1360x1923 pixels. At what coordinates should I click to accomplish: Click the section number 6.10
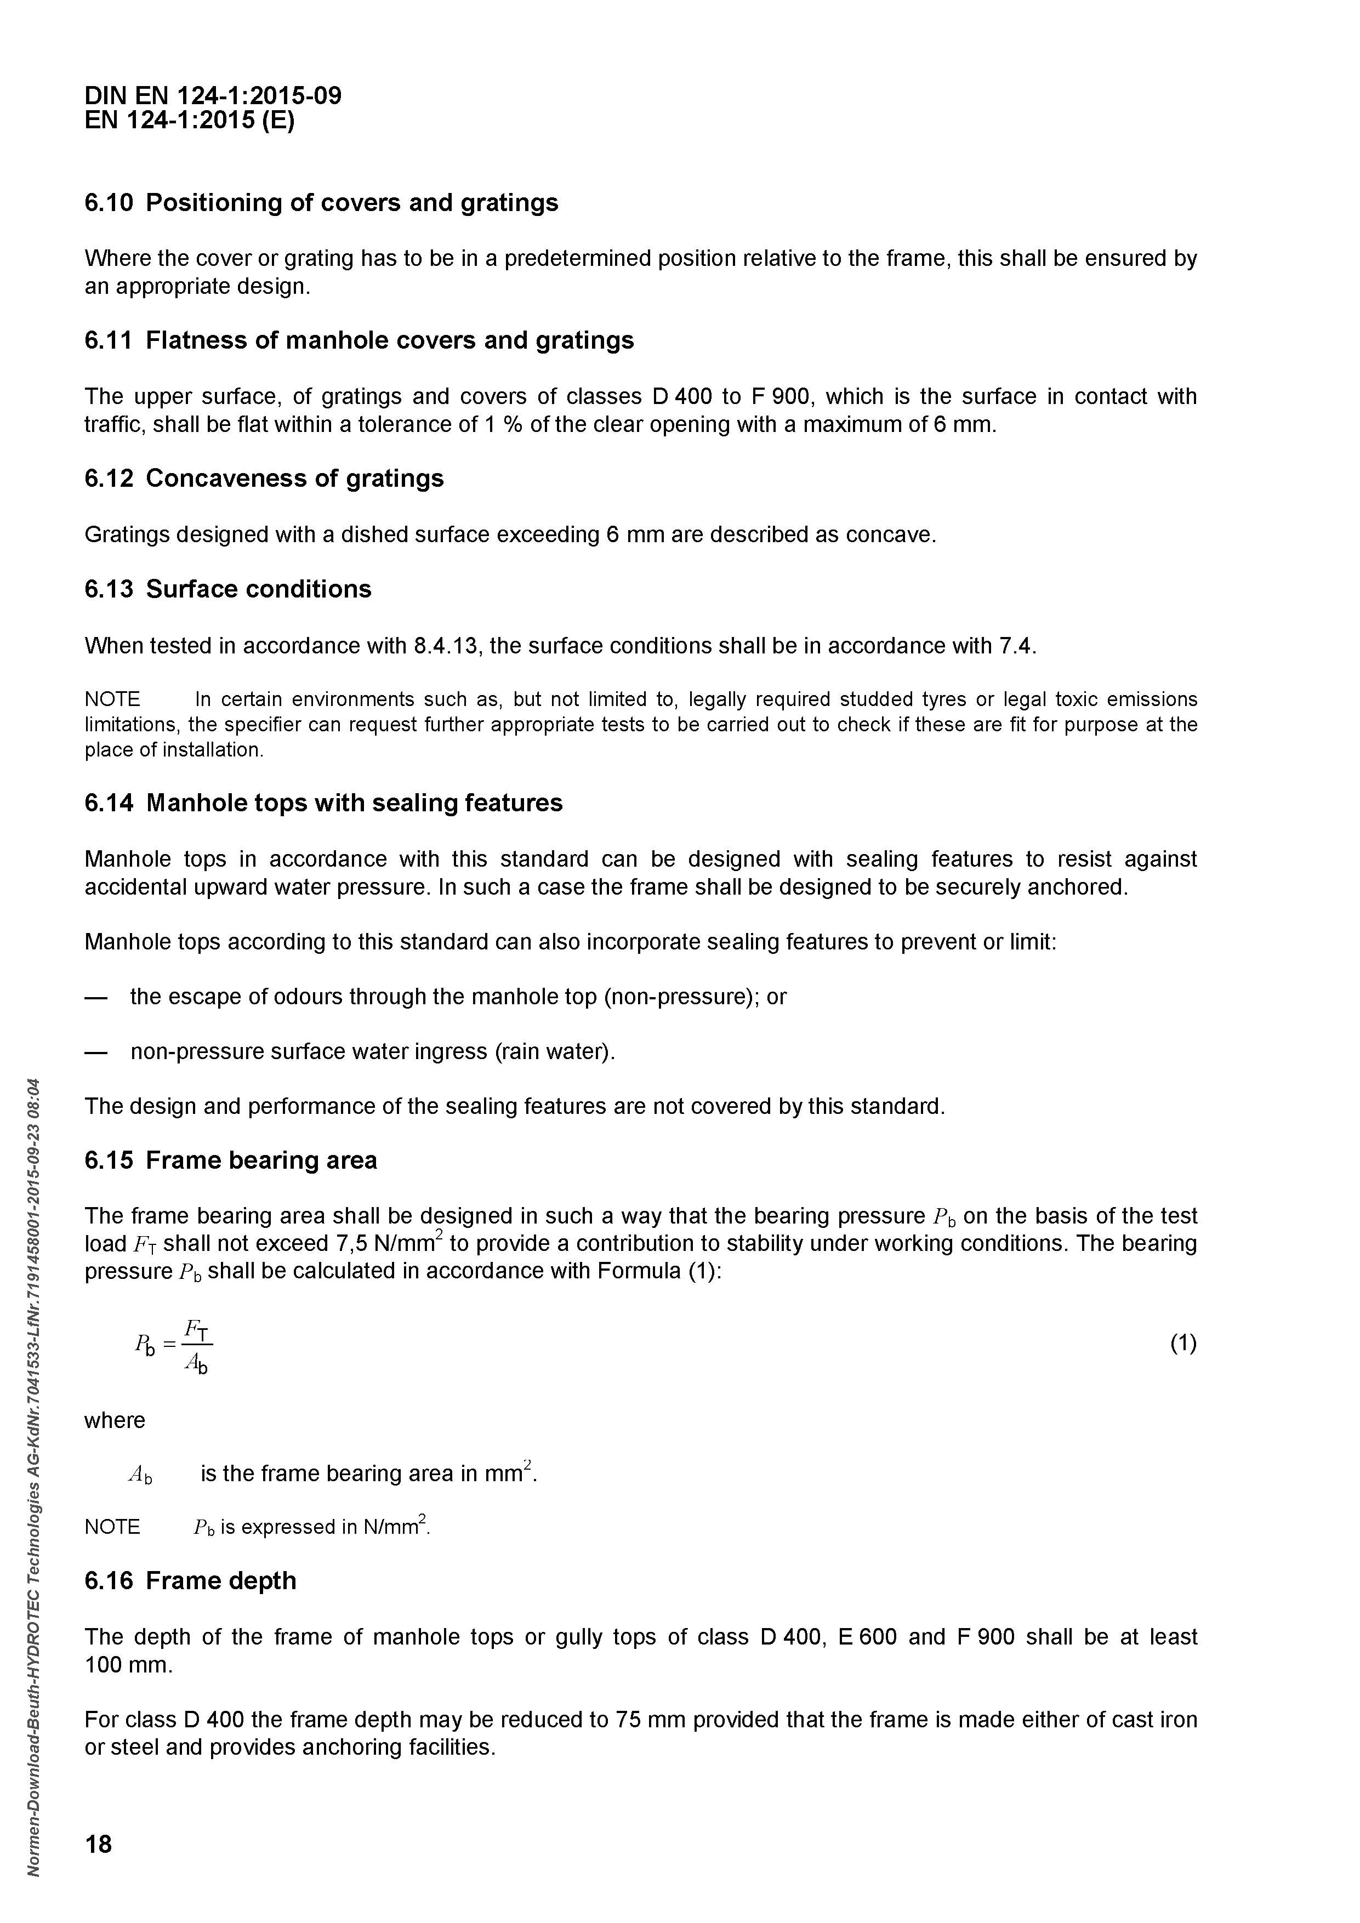109,203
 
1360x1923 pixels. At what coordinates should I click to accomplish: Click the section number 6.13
109,590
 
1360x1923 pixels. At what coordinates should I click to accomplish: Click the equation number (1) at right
1182,1344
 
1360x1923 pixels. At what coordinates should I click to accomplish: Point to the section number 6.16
109,1581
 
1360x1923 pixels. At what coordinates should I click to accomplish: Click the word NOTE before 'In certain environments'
112,699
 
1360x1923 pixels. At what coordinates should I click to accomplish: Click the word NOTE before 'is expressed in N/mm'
112,1527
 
